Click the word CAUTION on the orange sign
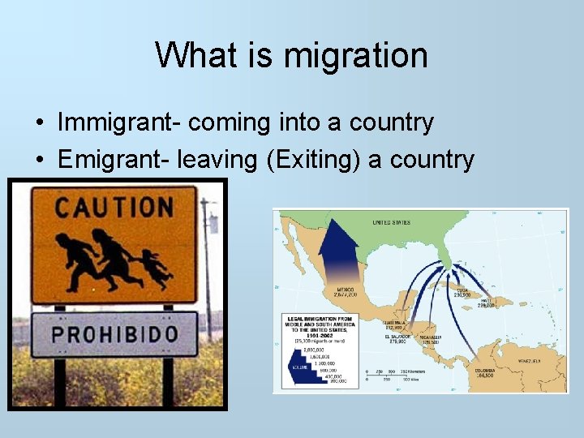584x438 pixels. coord(114,207)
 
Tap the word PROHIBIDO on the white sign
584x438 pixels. coord(114,333)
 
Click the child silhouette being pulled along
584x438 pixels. coord(155,268)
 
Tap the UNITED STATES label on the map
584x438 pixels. coord(391,222)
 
